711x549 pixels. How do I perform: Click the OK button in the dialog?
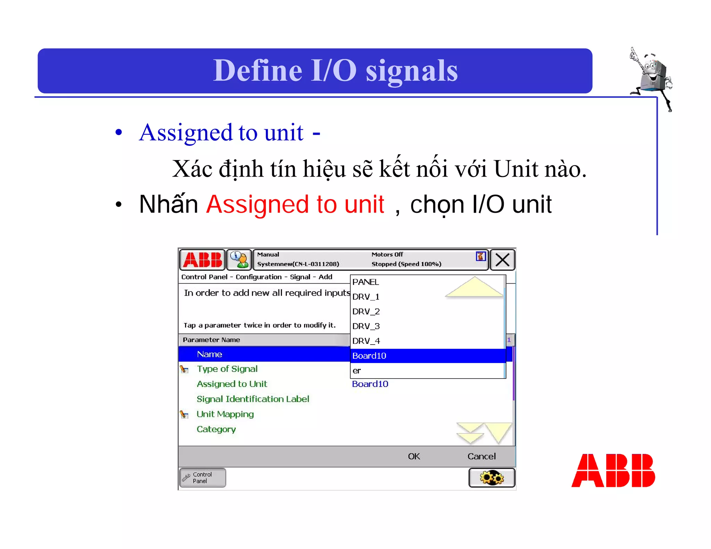point(414,456)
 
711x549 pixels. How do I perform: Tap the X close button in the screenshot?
point(502,260)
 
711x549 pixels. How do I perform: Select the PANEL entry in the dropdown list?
point(366,282)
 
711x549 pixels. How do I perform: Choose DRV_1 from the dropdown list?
point(366,297)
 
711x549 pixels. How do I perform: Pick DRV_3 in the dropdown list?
point(366,327)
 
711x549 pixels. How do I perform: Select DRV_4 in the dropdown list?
point(366,341)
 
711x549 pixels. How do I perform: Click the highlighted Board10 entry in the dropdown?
point(369,356)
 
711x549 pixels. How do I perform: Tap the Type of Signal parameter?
point(227,369)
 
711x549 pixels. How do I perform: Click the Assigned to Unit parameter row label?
point(232,384)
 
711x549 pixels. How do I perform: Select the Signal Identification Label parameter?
point(253,399)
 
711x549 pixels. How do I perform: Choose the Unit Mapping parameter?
point(225,414)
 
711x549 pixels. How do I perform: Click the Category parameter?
point(216,429)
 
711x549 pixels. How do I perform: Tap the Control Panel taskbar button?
point(202,478)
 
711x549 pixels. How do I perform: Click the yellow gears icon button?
point(492,478)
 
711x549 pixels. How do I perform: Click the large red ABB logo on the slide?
point(613,471)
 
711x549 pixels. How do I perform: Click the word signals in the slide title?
point(412,71)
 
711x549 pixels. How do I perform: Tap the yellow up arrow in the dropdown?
point(474,287)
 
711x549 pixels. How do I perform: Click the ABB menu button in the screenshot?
point(202,260)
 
